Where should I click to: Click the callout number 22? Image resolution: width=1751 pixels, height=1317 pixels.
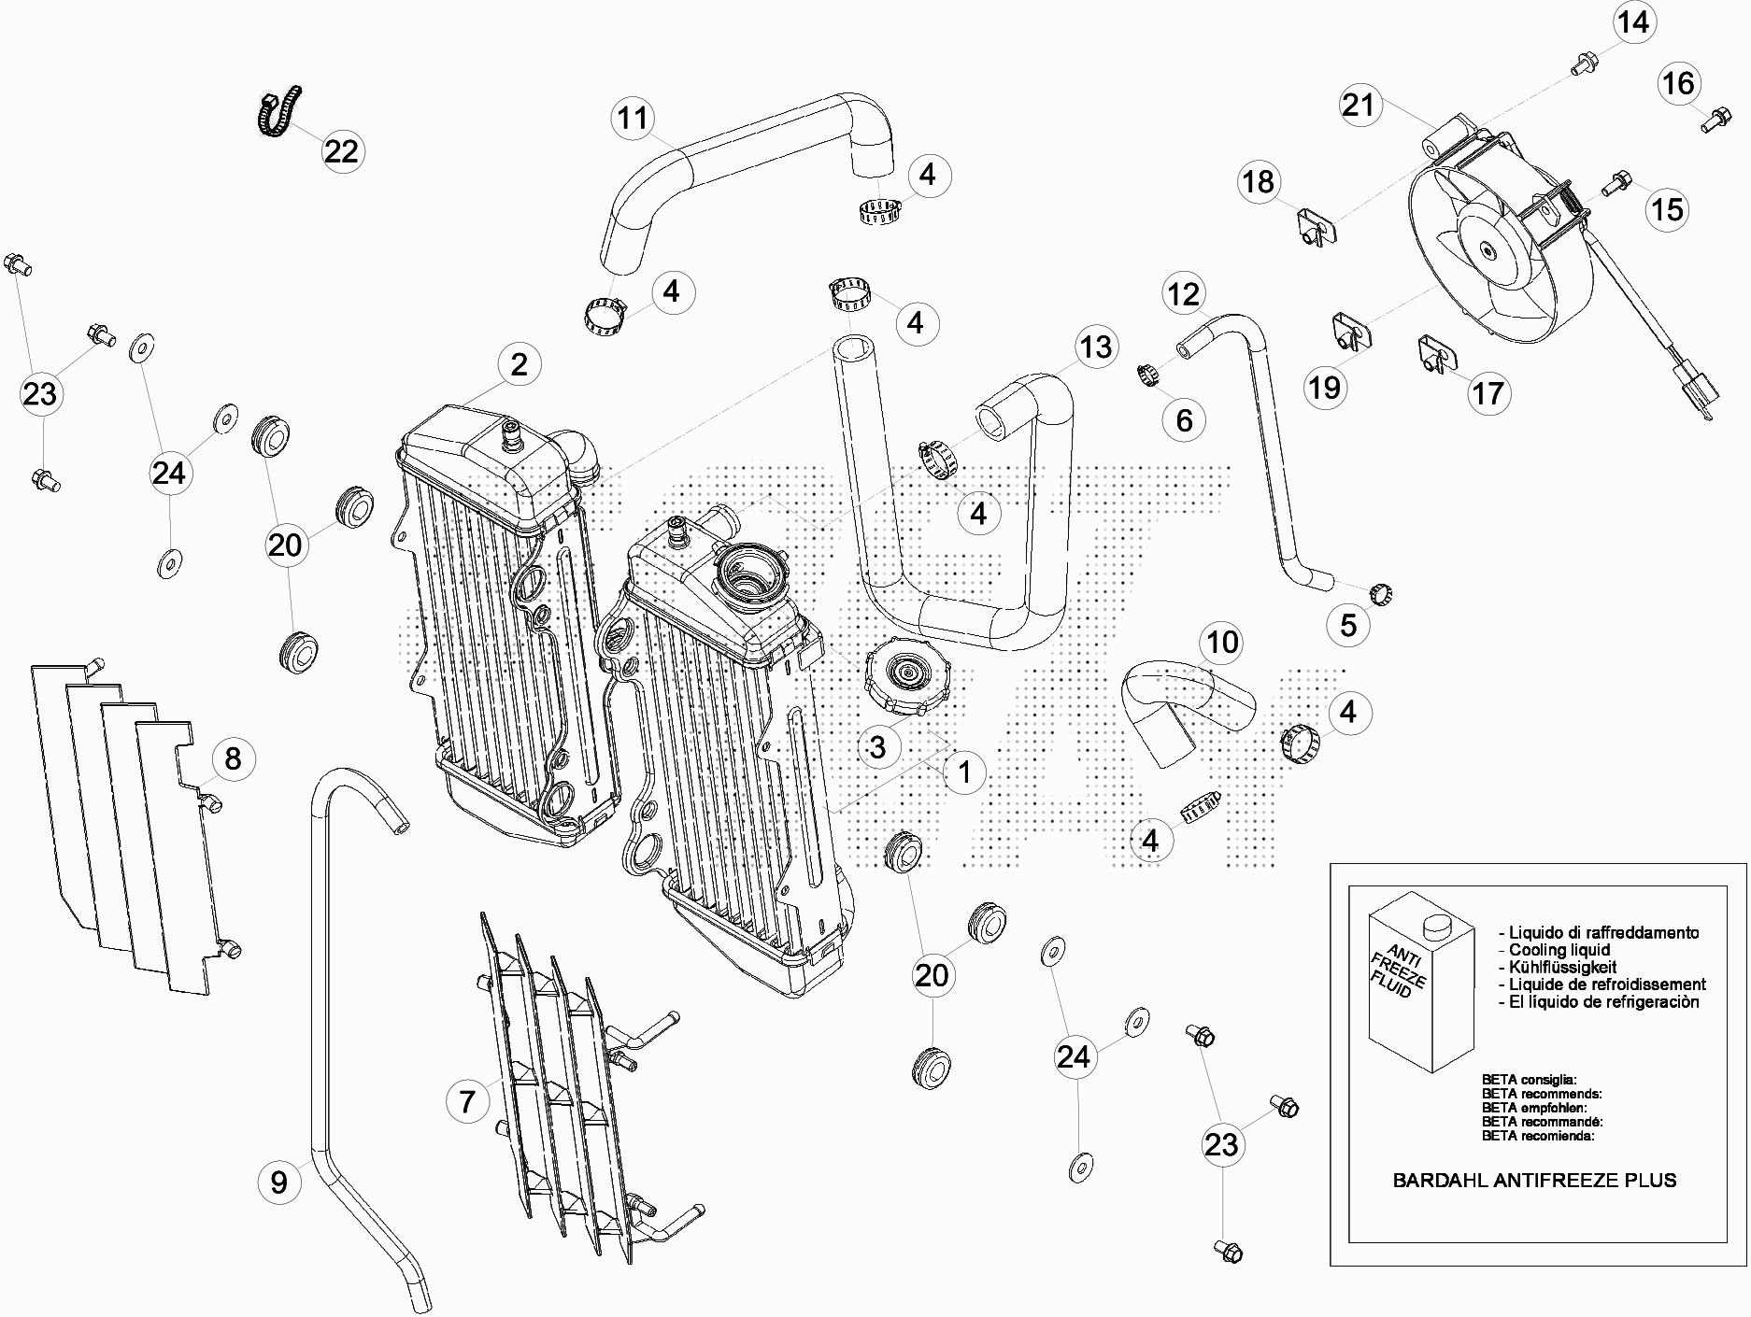[x=341, y=150]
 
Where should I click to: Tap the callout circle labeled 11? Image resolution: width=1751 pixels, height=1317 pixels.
[x=633, y=118]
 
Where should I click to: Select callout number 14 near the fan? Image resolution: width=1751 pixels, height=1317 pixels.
[x=1633, y=21]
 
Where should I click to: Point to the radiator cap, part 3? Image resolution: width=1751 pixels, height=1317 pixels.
[x=907, y=677]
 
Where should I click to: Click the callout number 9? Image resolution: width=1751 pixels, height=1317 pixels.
[x=279, y=1182]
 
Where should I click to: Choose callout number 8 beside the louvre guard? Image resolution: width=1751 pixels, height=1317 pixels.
[x=233, y=758]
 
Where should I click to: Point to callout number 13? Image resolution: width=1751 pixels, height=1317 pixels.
[x=1096, y=347]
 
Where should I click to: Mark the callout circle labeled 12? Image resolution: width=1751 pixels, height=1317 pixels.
[x=1184, y=294]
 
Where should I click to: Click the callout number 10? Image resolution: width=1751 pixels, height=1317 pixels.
[x=1223, y=642]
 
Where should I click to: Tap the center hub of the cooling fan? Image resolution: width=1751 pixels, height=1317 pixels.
[x=1487, y=250]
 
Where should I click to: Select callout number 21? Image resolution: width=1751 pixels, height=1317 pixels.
[x=1359, y=104]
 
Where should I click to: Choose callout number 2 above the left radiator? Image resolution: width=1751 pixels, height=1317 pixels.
[x=519, y=364]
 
